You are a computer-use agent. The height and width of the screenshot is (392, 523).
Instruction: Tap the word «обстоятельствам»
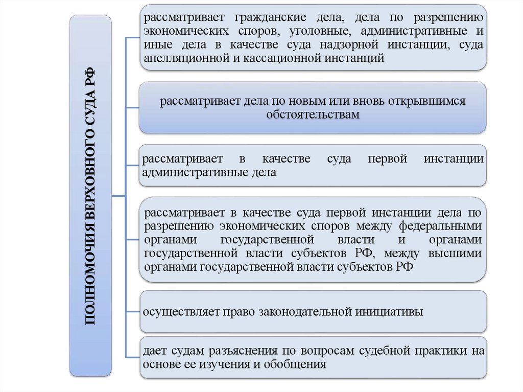pyautogui.click(x=313, y=114)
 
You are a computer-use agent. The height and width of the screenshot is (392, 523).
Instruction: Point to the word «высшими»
pyautogui.click(x=457, y=252)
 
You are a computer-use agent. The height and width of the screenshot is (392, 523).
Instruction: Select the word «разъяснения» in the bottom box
pyautogui.click(x=241, y=352)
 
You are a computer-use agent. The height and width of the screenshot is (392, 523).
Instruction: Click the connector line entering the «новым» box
pyautogui.click(x=132, y=107)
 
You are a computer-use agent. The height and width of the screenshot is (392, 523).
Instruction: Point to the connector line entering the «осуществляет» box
pyautogui.click(x=132, y=311)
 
